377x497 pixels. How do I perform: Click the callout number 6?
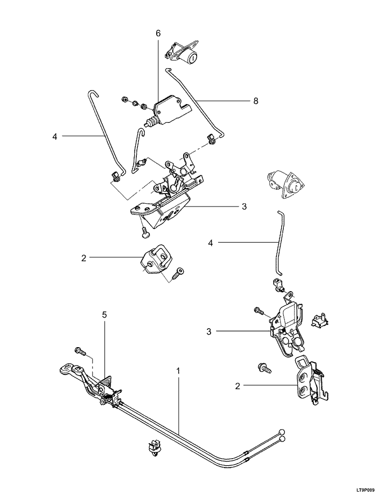[158, 33]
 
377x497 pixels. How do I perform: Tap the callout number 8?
[256, 101]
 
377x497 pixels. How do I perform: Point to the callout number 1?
[178, 370]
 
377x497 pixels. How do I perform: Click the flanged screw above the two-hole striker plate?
[265, 368]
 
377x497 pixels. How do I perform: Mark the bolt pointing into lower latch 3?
[259, 311]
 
